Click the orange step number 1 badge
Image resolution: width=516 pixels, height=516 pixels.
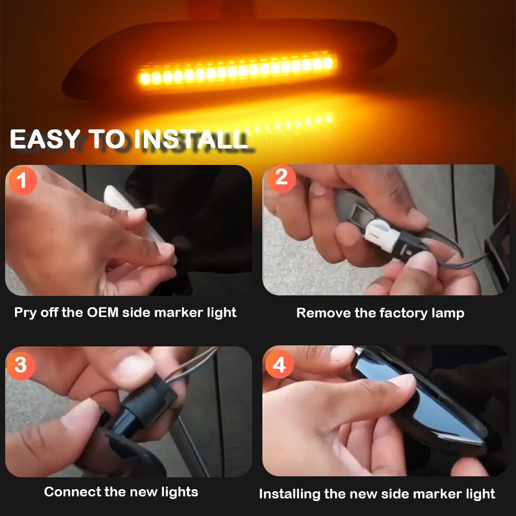[x=22, y=181]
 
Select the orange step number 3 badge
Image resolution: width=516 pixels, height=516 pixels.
[x=21, y=365]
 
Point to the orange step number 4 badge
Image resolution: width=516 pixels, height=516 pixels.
[x=279, y=365]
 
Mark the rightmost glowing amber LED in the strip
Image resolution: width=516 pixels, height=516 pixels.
[x=328, y=63]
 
